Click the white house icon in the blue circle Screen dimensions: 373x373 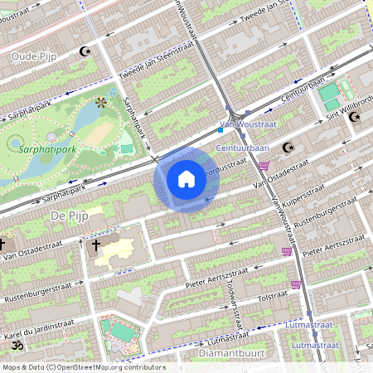186,179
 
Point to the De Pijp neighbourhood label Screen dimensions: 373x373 69,216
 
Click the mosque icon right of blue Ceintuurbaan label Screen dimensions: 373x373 288,148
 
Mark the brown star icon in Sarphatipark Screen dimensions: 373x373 101,103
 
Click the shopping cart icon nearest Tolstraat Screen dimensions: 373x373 295,284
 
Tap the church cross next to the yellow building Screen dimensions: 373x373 96,245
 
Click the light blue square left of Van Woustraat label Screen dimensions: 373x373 220,129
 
